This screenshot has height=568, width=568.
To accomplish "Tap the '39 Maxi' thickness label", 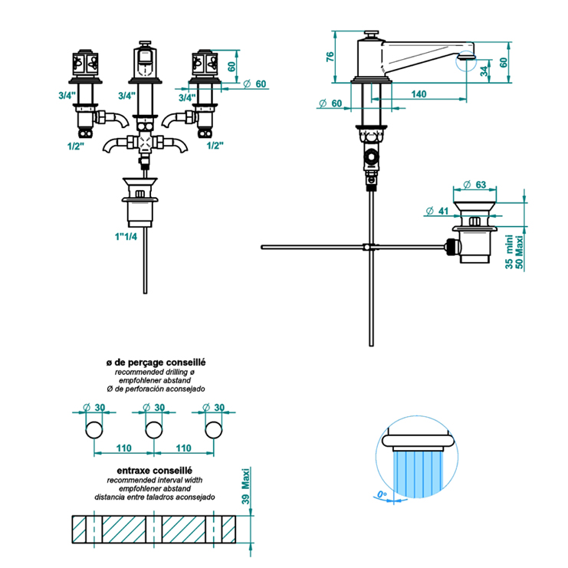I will pyautogui.click(x=245, y=486).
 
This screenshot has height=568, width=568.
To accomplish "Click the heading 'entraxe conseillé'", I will pyautogui.click(x=154, y=469).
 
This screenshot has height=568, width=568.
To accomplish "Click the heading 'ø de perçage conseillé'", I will pyautogui.click(x=156, y=361).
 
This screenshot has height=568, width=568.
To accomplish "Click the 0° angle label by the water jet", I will pyautogui.click(x=383, y=494).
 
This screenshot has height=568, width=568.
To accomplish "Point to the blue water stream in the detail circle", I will pyautogui.click(x=417, y=472).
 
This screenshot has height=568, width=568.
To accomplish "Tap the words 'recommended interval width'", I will pyautogui.click(x=155, y=479).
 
